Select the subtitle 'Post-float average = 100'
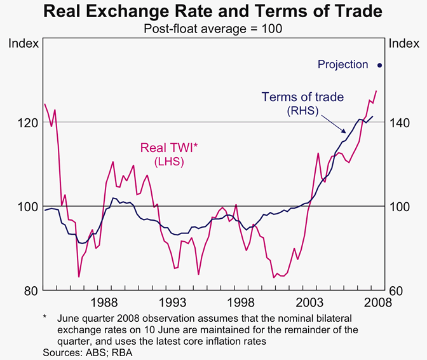(213, 29)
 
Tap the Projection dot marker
(380, 65)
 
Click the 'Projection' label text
(343, 64)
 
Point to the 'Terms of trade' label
(302, 97)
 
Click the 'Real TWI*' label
(170, 148)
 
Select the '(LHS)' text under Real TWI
(170, 162)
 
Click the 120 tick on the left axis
(25, 122)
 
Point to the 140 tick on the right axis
(400, 122)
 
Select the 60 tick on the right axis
(396, 291)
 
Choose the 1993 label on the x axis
(174, 302)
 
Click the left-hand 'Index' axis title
(24, 43)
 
